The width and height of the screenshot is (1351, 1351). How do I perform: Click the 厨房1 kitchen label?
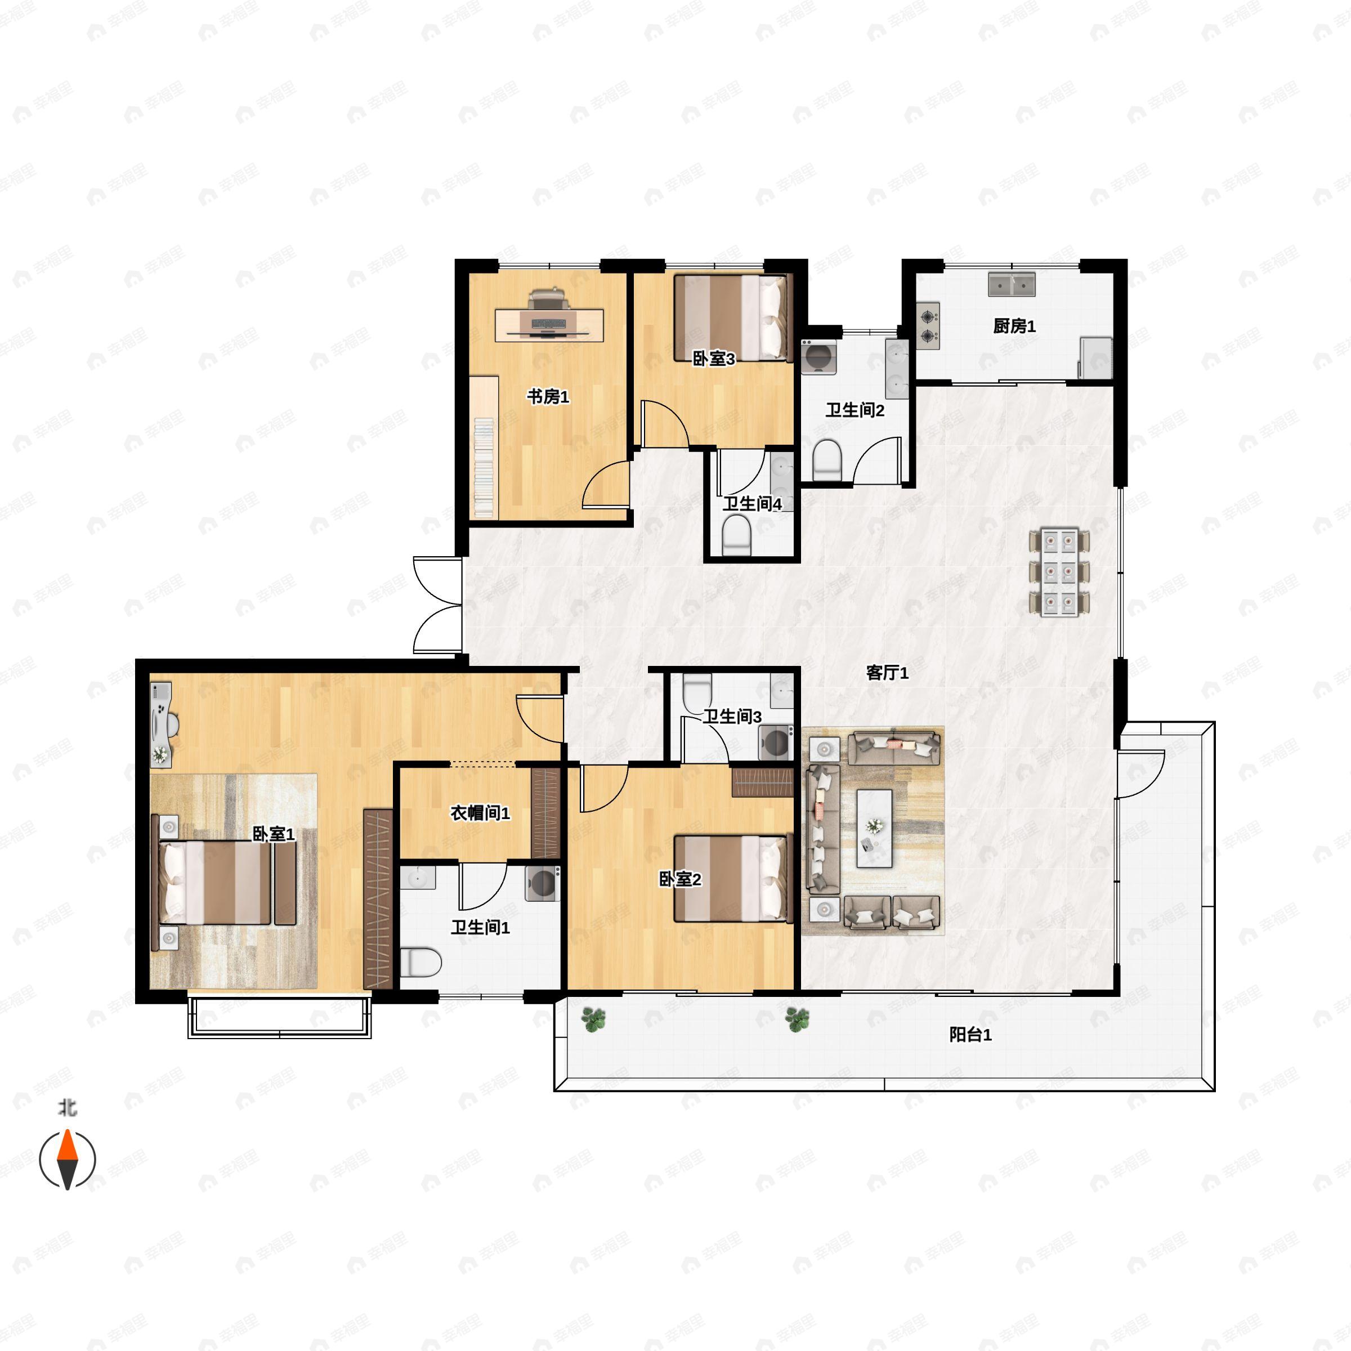[x=1014, y=326]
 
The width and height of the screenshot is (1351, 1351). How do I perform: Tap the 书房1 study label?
[x=548, y=396]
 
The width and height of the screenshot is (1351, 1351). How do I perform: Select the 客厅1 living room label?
[x=887, y=673]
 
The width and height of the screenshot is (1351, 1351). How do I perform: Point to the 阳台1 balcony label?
[x=970, y=1035]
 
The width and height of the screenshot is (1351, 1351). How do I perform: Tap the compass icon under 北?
[x=67, y=1158]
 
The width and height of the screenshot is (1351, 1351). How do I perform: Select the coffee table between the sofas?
[x=874, y=828]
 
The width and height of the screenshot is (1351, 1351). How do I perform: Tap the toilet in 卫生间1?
[x=421, y=962]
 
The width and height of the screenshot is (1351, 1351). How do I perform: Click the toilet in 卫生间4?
[x=736, y=535]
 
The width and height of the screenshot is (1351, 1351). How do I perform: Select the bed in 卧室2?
[x=731, y=879]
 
